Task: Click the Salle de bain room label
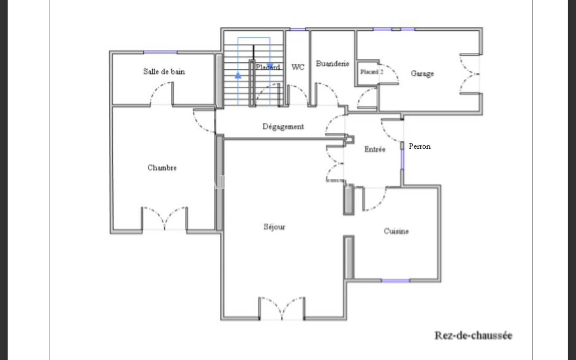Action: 164,72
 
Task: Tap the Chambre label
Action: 162,168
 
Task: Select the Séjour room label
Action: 274,227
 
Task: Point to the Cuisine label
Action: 396,231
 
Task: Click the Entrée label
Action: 375,149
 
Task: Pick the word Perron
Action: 420,146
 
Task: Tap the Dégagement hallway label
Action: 283,126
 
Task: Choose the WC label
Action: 298,67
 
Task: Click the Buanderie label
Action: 332,64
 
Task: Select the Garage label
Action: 422,74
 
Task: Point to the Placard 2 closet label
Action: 372,72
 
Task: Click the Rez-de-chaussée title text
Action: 474,336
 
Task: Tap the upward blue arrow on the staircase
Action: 238,75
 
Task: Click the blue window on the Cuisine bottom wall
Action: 396,280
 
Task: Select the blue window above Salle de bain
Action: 160,52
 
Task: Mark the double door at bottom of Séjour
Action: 282,308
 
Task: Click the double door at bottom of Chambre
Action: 164,218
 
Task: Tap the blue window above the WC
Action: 298,29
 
